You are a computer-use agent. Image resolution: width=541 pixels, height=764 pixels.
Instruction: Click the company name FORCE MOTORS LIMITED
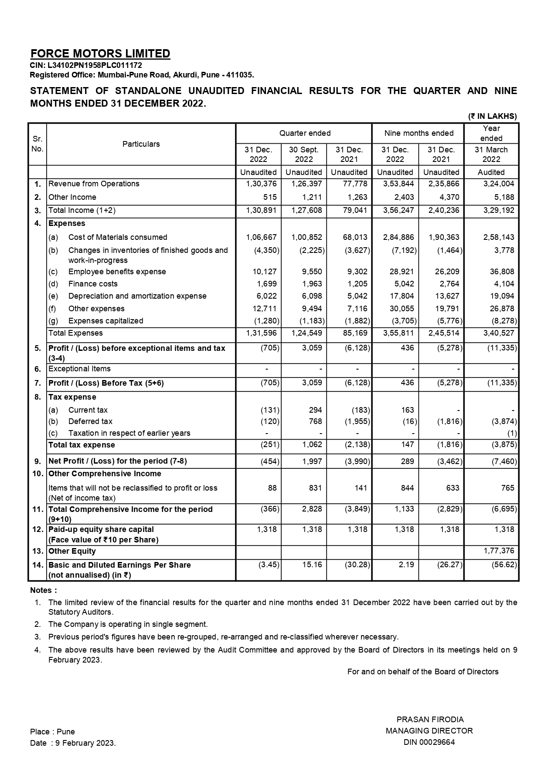tap(100, 54)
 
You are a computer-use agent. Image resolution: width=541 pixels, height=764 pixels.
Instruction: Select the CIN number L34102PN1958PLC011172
tap(95, 65)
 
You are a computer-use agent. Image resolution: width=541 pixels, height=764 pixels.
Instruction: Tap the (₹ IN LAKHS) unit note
tap(493, 116)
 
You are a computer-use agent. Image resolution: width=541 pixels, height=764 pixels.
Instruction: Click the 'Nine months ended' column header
tap(419, 133)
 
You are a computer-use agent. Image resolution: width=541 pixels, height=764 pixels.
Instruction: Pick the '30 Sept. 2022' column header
tap(304, 154)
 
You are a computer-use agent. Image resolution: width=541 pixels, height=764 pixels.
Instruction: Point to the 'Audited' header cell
tap(491, 172)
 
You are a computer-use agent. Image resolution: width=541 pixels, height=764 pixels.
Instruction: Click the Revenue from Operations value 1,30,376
tap(261, 184)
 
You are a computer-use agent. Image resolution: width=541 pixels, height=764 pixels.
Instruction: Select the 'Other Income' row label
tap(72, 197)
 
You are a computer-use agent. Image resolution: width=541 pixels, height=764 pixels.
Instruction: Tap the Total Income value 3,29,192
tap(498, 211)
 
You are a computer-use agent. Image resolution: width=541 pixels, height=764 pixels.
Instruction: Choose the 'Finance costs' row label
tap(93, 284)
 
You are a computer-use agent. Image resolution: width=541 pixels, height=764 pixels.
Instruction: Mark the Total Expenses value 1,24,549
tap(306, 333)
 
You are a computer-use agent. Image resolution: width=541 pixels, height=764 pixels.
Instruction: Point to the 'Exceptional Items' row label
tap(79, 369)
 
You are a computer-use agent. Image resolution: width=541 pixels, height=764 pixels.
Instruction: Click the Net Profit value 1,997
tap(312, 461)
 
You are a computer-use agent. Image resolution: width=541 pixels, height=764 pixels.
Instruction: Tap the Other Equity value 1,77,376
tap(499, 551)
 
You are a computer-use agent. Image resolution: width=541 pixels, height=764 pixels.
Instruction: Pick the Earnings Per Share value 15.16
tap(312, 565)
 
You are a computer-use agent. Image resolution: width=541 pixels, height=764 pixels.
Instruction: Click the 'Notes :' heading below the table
tap(44, 591)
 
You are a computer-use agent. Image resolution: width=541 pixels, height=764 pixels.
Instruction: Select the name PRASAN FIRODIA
tap(430, 720)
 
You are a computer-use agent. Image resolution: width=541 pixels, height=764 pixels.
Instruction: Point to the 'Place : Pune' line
tap(52, 732)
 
